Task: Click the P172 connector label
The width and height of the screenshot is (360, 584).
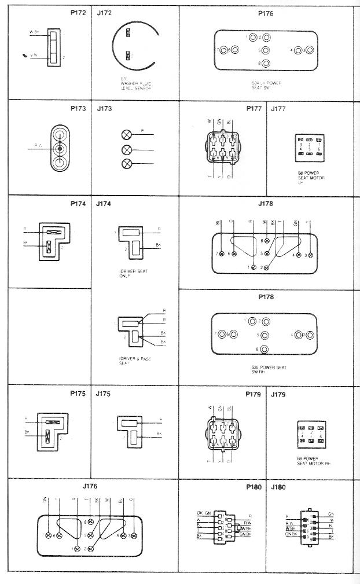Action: (x=79, y=12)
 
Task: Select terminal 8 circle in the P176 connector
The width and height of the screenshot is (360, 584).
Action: (x=266, y=63)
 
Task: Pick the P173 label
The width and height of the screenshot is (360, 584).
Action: (x=79, y=108)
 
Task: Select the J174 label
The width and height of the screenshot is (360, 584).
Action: (x=105, y=204)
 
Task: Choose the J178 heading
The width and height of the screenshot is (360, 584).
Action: (x=266, y=204)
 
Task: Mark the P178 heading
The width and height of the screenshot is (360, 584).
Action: (x=266, y=297)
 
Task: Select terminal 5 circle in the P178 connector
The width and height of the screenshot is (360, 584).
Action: (x=265, y=335)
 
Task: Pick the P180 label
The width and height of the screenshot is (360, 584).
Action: (x=255, y=487)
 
